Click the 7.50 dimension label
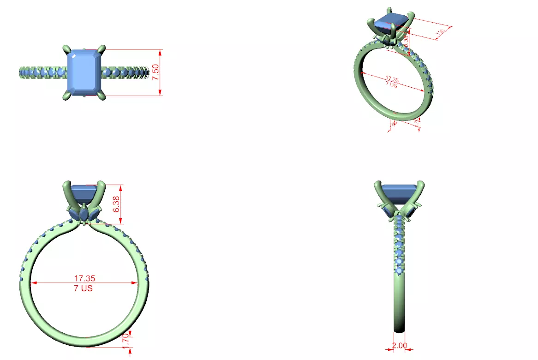pos(155,72)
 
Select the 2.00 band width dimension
pos(400,345)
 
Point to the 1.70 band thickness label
pos(125,340)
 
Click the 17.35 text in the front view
pos(85,278)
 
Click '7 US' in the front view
pos(84,288)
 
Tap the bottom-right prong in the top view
pos(103,96)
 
